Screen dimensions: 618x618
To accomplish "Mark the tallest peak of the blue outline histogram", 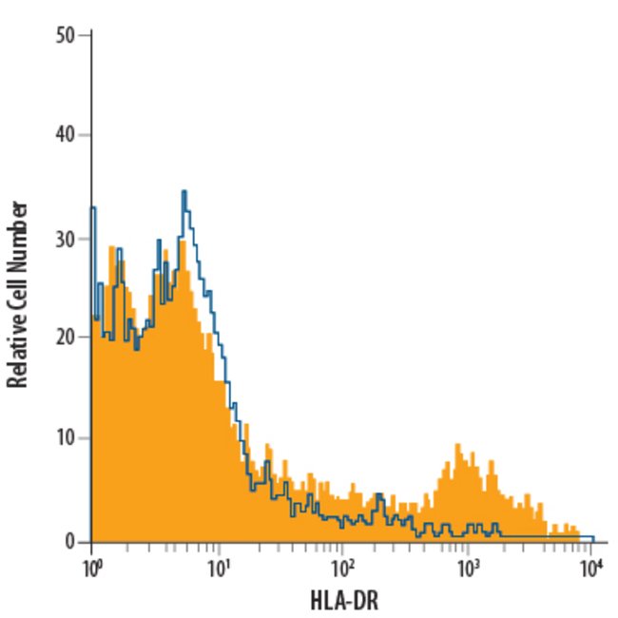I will pos(184,192).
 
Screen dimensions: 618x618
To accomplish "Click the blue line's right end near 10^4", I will pos(591,538).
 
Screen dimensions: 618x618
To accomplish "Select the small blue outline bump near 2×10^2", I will pos(379,495).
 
